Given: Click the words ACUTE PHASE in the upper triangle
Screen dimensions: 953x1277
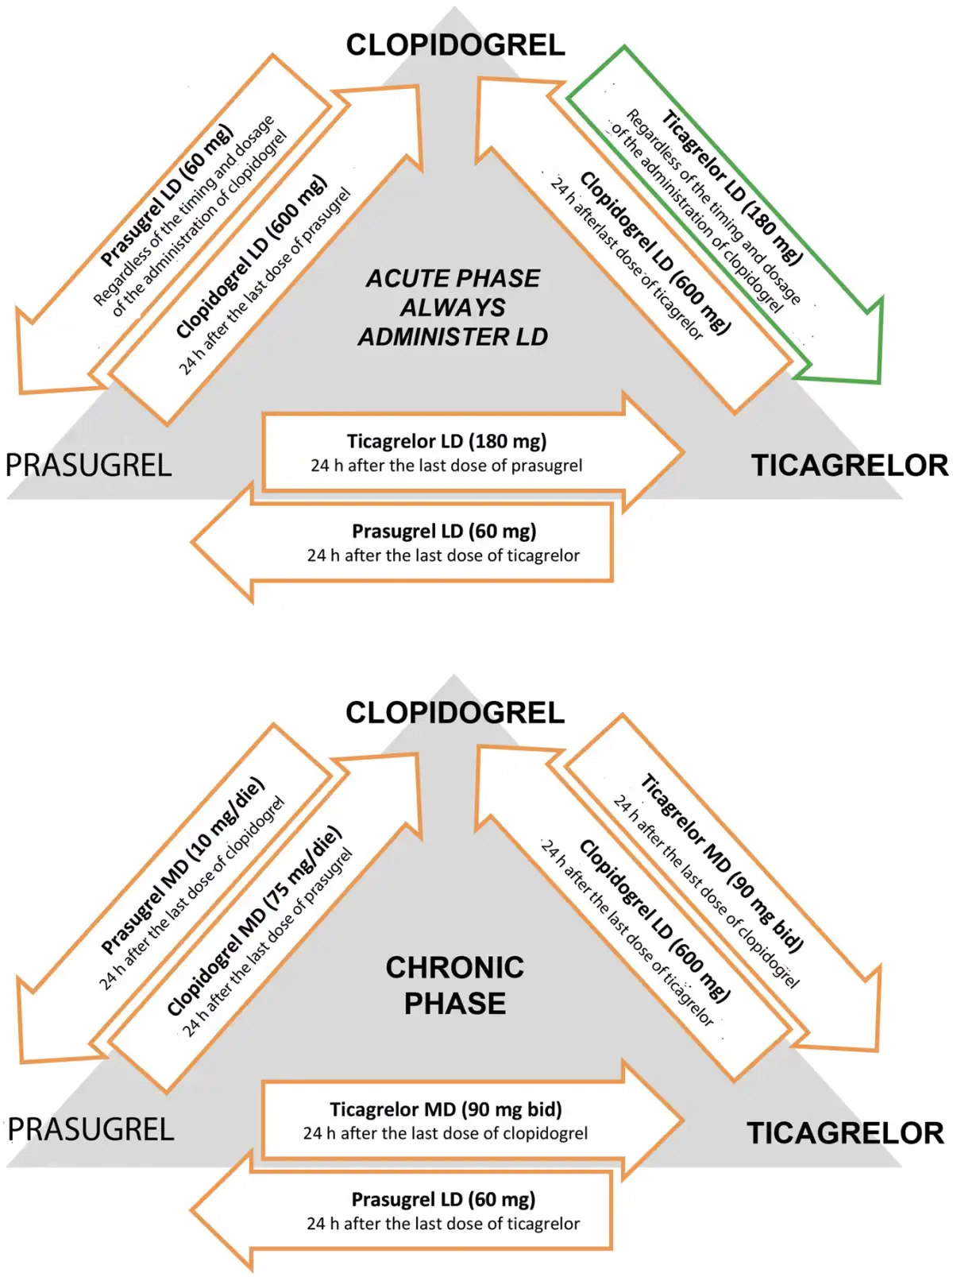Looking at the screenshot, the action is coord(453,279).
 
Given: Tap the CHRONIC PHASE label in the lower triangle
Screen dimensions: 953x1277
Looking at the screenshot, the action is coord(455,985).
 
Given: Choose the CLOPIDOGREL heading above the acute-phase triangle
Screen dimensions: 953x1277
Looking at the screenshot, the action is coord(455,45).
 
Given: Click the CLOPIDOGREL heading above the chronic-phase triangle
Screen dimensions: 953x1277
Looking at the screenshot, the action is coord(455,713).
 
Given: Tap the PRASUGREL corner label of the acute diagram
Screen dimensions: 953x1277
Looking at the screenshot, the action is coord(89,466).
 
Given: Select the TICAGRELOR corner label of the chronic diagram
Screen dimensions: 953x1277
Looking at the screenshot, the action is coord(845,1133).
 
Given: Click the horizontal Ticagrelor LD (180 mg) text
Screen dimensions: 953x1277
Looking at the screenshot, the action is coord(446,441).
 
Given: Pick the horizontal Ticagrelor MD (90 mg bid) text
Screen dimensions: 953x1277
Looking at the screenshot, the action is coord(446,1109).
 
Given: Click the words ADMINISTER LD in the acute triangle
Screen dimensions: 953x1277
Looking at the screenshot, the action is coord(453,337).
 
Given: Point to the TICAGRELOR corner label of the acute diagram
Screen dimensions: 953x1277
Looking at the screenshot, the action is coord(850,466).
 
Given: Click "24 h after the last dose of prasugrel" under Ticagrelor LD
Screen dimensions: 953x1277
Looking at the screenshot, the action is coord(446,466).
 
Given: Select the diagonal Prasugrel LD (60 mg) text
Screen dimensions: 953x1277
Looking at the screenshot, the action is coord(167,195).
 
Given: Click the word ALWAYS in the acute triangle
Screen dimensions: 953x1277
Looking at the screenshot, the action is coord(453,308).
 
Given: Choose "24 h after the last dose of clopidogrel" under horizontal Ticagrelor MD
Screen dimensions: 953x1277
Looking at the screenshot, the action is coord(446,1133).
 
